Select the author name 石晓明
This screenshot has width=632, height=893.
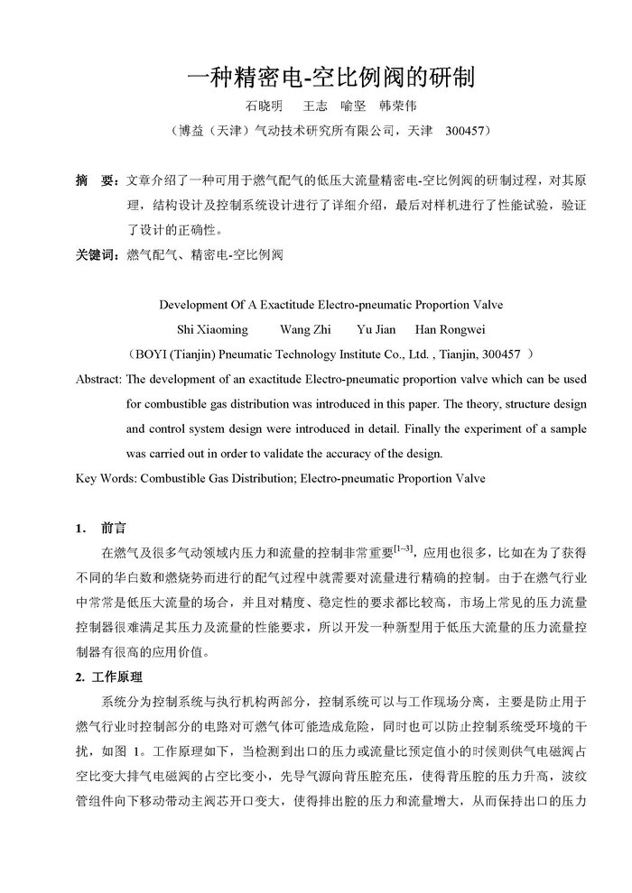coord(264,106)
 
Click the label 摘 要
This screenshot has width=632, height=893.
coord(93,181)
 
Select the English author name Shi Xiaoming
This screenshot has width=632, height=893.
coord(215,329)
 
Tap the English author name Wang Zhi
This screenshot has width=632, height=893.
coord(308,329)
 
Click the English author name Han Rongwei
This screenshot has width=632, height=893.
coord(446,329)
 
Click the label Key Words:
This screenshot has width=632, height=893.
coord(105,478)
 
